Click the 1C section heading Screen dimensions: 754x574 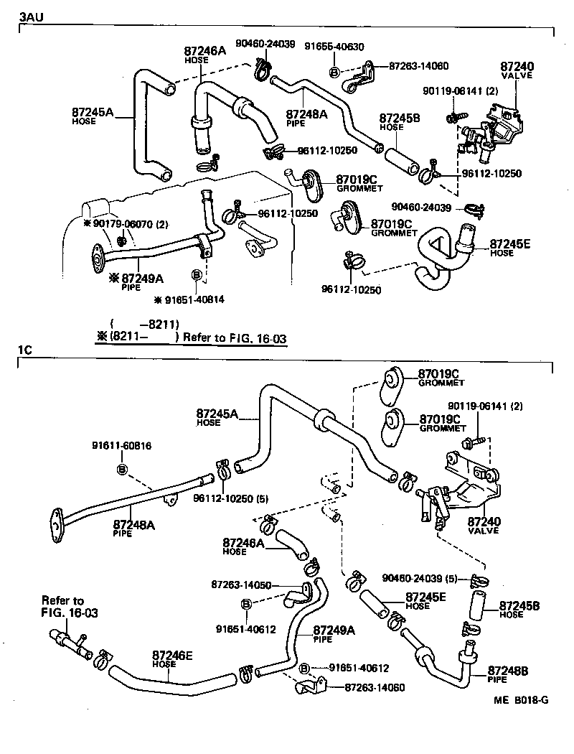[25, 351]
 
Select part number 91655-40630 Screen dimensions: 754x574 [334, 47]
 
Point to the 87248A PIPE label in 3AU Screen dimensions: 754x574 [306, 117]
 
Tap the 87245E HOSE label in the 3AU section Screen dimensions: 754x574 [510, 248]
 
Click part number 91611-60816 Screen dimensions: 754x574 [121, 446]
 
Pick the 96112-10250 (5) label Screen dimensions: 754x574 [222, 498]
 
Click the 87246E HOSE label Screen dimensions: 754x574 [171, 658]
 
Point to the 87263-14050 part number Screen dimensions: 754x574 [240, 585]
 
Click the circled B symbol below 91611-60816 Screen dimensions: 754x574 [121, 469]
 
